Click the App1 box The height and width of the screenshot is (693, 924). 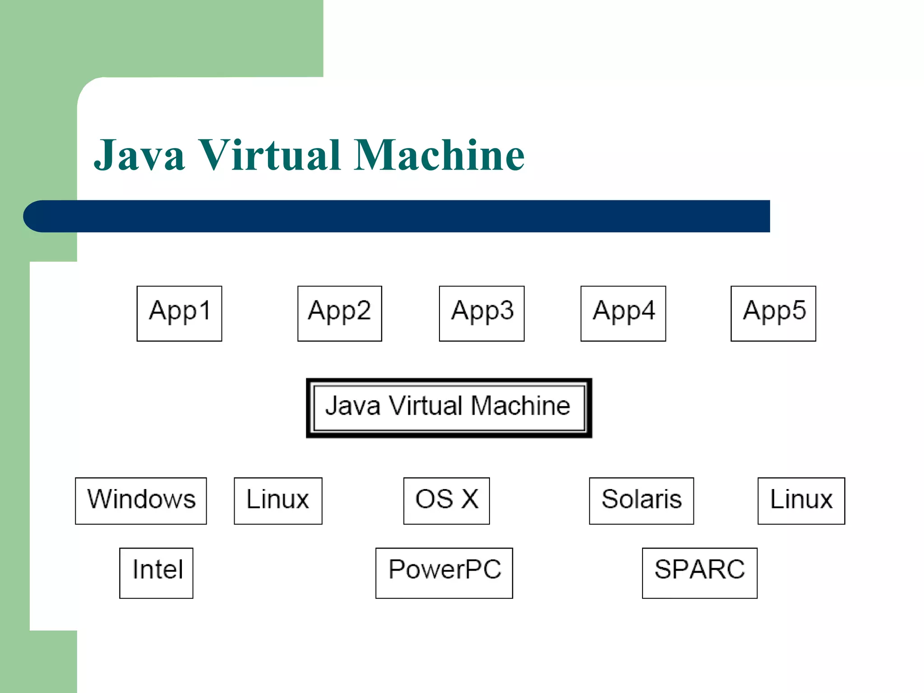(179, 313)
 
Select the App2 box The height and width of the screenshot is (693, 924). (339, 313)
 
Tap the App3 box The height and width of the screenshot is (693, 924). (481, 313)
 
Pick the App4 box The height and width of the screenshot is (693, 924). (623, 313)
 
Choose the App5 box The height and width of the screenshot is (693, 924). (773, 313)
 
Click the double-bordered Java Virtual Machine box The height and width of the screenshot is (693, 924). (449, 408)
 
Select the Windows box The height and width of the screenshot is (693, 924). (141, 500)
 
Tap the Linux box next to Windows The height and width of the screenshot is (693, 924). (278, 500)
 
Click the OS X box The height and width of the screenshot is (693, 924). (446, 500)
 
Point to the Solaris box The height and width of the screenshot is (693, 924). (641, 500)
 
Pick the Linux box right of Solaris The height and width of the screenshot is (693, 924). (801, 500)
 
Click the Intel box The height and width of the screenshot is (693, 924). (156, 573)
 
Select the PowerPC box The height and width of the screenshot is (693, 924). (444, 573)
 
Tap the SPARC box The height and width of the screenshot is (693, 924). (699, 573)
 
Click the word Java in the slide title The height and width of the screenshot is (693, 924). (139, 155)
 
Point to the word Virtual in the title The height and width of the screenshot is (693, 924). (269, 155)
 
